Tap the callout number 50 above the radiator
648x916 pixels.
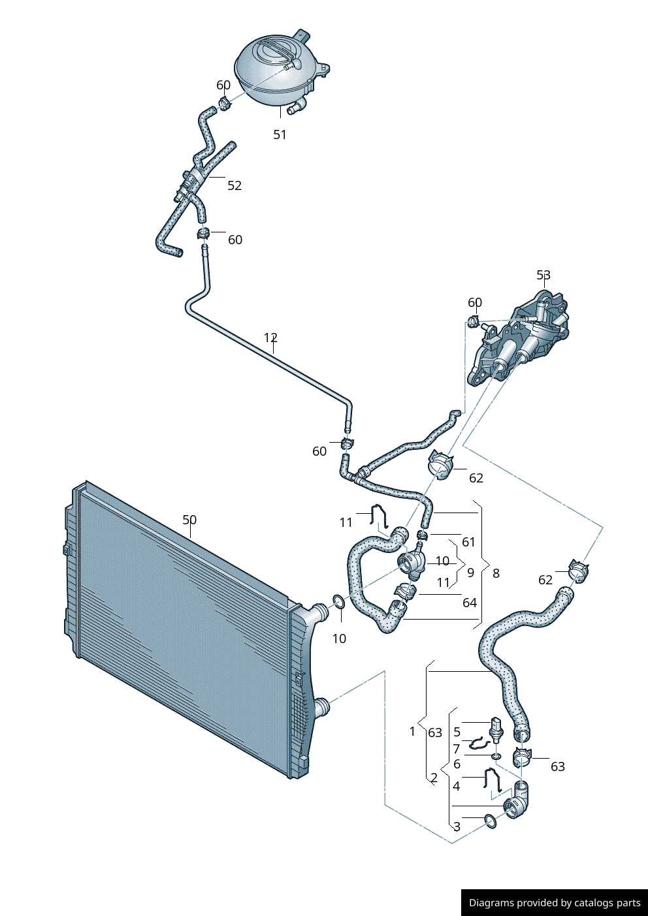189,520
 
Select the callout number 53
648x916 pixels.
543,276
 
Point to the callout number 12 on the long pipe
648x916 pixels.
270,338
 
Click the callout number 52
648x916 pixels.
235,185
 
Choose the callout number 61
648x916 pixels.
468,542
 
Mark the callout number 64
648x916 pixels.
469,603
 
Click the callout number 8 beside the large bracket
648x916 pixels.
496,573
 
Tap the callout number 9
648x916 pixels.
470,573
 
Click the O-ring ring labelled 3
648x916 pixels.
490,821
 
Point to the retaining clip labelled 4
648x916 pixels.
492,780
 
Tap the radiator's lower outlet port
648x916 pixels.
322,706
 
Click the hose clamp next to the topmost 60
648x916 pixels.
223,103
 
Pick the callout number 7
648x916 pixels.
457,749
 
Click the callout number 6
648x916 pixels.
457,764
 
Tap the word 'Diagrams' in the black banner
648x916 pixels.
491,903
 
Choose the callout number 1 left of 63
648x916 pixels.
412,731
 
